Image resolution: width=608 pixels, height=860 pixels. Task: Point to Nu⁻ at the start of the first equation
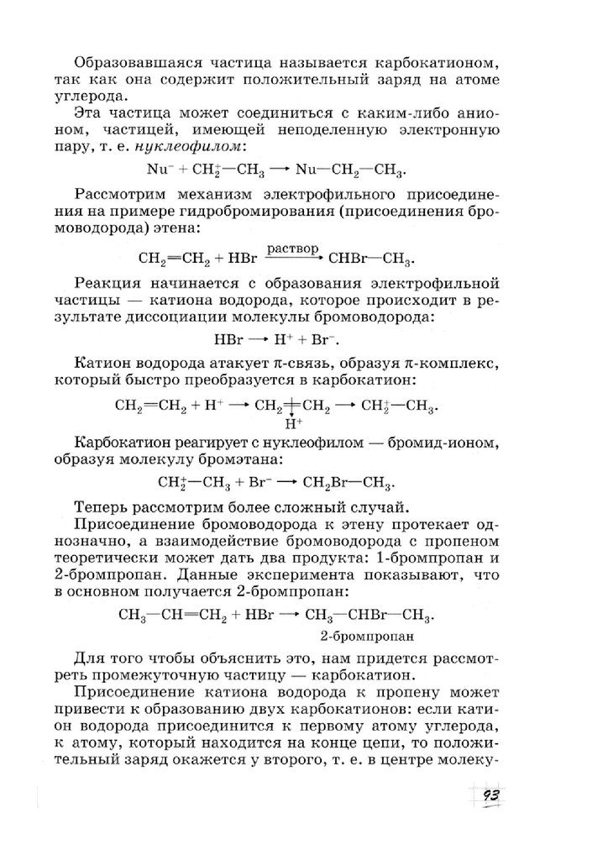(x=159, y=170)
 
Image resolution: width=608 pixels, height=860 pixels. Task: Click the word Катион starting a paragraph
(x=101, y=363)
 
